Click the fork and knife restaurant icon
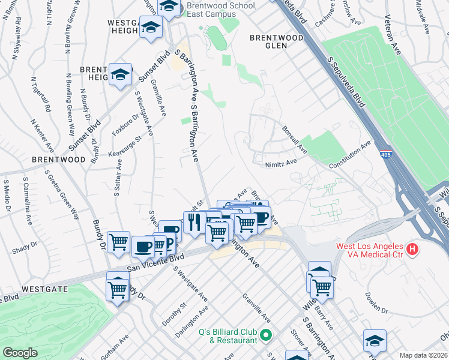point(194,223)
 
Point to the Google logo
point(20,353)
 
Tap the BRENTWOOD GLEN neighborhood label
point(277,41)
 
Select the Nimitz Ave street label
point(281,163)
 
